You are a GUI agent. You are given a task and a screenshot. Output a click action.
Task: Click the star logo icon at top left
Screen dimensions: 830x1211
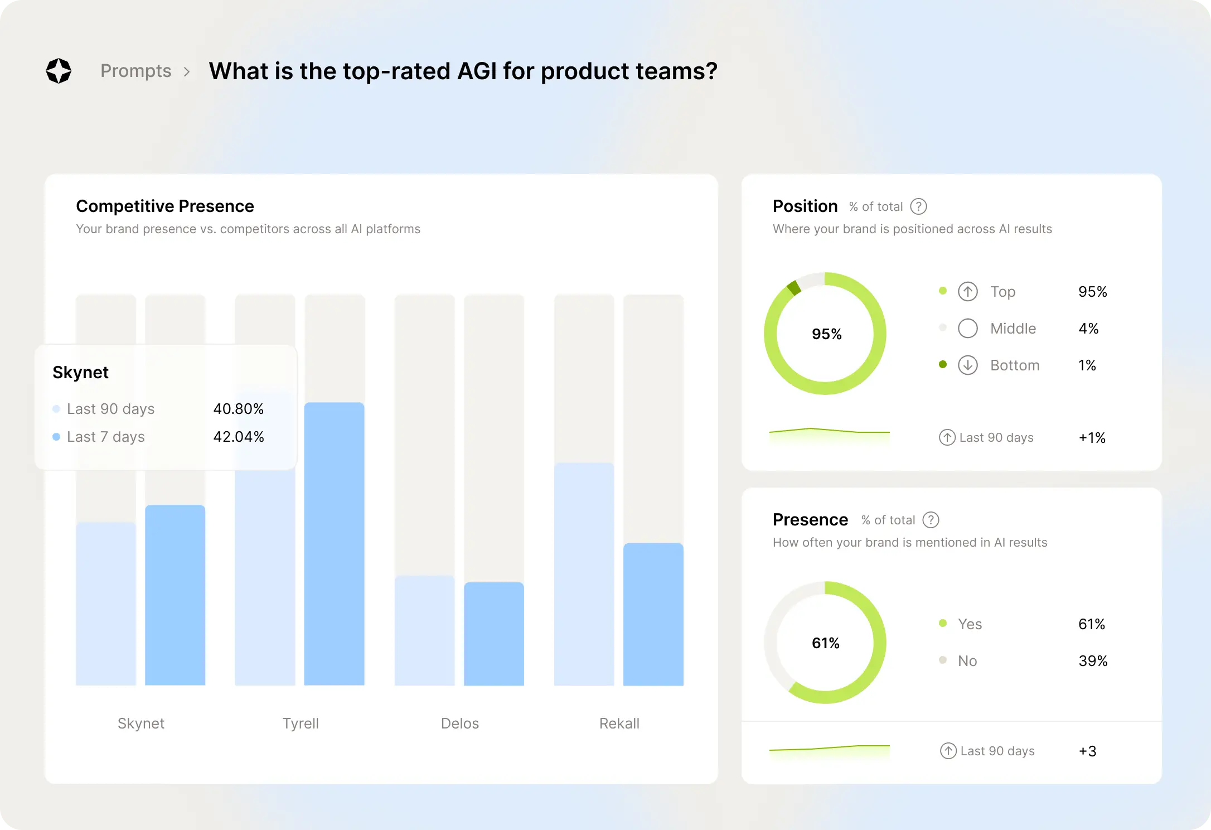click(59, 71)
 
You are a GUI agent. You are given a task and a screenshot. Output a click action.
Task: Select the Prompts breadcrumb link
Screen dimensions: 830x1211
click(135, 71)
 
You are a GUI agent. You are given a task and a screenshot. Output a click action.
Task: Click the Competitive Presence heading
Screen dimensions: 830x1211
click(164, 206)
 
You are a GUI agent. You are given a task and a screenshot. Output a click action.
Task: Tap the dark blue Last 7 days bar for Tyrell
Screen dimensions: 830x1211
click(334, 544)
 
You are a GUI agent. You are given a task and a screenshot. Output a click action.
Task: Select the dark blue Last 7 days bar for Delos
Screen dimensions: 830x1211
click(493, 634)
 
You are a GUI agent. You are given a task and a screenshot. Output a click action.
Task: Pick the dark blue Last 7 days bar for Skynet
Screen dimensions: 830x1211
click(175, 595)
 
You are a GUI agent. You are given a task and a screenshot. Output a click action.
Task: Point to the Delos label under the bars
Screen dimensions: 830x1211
click(459, 723)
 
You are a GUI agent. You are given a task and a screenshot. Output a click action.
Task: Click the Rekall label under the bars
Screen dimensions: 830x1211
click(619, 723)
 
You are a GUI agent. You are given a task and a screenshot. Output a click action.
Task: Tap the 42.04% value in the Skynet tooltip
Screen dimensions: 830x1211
click(238, 437)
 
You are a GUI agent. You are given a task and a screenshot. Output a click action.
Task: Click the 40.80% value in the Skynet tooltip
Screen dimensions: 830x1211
click(238, 409)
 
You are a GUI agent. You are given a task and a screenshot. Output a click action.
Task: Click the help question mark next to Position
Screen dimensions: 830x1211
click(918, 206)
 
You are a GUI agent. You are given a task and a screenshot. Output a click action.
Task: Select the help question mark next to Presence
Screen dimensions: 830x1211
click(931, 520)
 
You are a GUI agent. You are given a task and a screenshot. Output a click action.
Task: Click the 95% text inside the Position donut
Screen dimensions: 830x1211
click(826, 334)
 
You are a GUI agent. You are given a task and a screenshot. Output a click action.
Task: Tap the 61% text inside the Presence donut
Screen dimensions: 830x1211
click(825, 643)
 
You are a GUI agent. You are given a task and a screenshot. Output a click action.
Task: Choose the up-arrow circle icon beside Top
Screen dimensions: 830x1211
click(967, 291)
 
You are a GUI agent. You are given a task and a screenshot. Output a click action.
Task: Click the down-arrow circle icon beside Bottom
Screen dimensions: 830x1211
click(967, 365)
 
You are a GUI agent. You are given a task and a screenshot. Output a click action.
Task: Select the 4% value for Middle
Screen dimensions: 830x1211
click(1088, 329)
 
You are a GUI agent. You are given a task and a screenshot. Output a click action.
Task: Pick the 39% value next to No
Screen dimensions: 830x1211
click(1092, 661)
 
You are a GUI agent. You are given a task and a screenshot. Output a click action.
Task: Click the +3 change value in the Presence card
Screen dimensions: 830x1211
click(1087, 751)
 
